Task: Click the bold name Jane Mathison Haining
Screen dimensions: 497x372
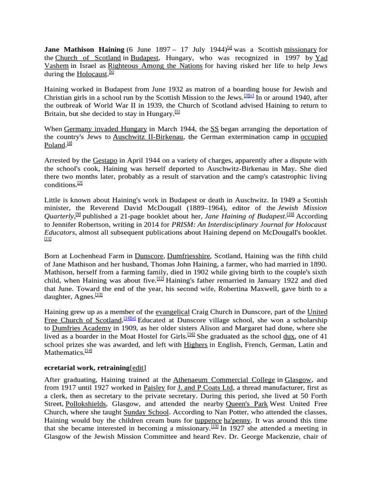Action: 84,50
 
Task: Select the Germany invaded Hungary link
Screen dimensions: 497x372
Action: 106,129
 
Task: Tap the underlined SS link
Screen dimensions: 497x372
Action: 215,129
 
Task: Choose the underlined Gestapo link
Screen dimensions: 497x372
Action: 105,160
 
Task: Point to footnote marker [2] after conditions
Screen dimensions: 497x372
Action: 80,183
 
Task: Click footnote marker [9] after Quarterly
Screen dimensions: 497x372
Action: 78,214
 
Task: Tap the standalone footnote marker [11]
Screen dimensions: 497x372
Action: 47,239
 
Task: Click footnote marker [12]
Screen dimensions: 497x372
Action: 160,279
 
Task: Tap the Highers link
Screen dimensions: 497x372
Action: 196,345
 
